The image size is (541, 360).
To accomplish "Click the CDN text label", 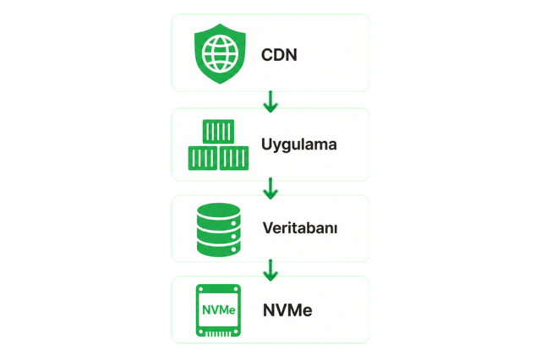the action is [x=279, y=55].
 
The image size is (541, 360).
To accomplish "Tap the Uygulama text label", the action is [x=298, y=145].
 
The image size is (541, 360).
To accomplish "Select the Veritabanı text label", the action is [x=300, y=228].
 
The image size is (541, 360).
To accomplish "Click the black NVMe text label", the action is [x=287, y=310].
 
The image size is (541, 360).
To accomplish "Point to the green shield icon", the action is [x=220, y=53].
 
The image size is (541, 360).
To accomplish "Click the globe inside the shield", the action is [x=220, y=54].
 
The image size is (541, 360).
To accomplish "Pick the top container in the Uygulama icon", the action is [x=218, y=131].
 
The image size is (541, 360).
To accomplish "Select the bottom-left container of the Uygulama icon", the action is [x=203, y=158].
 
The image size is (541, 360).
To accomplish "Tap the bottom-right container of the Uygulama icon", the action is [x=234, y=158].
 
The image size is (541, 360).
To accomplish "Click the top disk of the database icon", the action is [x=218, y=211].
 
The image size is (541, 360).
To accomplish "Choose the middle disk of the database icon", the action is [x=218, y=232].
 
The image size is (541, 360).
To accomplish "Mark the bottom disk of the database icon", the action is [x=218, y=248].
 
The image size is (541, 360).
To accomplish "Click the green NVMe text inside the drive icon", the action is [x=219, y=310].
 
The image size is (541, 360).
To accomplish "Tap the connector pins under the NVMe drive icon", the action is [x=218, y=334].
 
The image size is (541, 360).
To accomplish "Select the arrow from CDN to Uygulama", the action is [x=270, y=101].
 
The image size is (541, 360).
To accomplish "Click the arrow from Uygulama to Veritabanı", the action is [x=270, y=188].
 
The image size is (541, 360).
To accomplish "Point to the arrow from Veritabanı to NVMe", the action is [x=270, y=270].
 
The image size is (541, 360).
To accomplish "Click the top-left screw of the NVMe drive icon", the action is [x=201, y=289].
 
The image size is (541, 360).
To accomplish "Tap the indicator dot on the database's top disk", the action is [x=233, y=223].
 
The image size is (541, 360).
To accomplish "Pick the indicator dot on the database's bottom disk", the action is [x=233, y=249].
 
